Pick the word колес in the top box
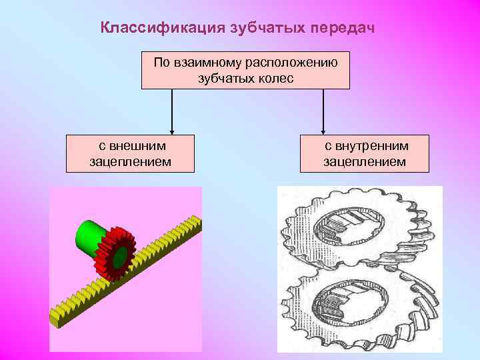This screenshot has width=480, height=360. pos(275,78)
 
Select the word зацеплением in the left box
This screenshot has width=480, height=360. pos(130,161)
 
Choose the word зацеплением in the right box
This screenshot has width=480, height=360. pos(365,161)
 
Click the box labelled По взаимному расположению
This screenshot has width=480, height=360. pos(245,70)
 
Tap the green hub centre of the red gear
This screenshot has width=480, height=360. pos(119,257)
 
